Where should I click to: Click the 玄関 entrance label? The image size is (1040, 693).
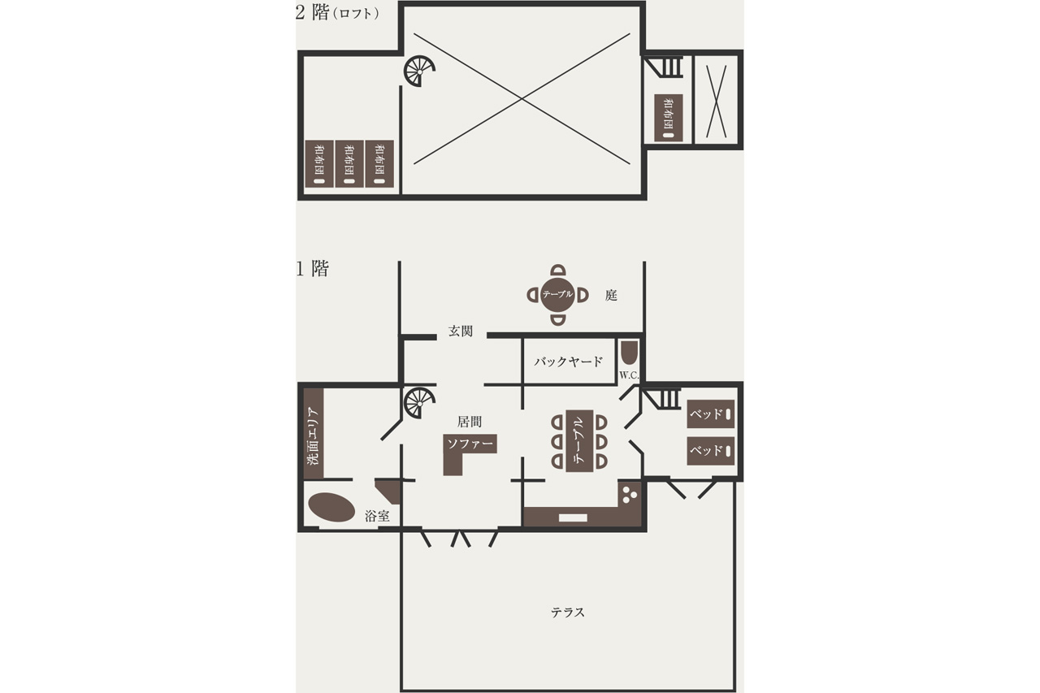pos(460,331)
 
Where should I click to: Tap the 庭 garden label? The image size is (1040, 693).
pos(611,295)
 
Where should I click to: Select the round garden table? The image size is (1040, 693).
pos(557,294)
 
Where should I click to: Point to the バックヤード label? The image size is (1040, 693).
pos(568,362)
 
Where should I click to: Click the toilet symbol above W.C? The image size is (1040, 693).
pos(628,353)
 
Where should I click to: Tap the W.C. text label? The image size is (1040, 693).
pos(629,375)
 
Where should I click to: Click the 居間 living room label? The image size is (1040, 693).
pos(470,422)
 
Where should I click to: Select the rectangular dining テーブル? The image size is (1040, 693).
pos(579,440)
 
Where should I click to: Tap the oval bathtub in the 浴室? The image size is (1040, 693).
pos(331,507)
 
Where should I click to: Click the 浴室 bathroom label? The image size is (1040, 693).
pos(377,516)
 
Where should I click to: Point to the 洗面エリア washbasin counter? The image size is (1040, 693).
pos(314,434)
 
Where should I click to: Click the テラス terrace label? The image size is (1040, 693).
pos(568,613)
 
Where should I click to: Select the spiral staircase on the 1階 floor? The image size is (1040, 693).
pos(418,402)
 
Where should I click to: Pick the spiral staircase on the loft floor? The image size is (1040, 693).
pos(418,71)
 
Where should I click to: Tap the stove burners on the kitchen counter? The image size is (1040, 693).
pos(629,494)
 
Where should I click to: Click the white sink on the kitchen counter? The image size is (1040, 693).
pos(573,518)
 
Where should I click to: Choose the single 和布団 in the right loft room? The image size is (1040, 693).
pos(668,118)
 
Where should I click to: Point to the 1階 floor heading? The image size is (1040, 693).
pos(312,268)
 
